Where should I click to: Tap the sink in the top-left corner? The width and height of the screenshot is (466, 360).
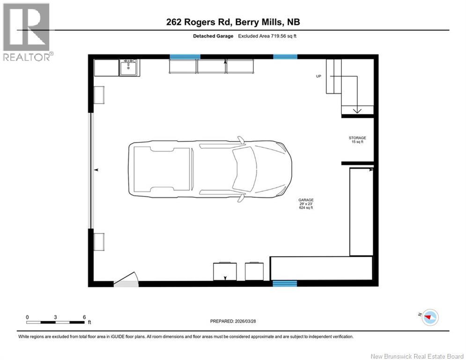(x=128, y=68)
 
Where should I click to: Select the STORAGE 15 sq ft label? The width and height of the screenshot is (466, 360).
(x=357, y=140)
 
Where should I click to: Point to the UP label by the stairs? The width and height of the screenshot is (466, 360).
(x=318, y=76)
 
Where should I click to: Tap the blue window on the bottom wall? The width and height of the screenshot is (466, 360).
(x=285, y=284)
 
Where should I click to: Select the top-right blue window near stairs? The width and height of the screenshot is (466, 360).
(x=285, y=57)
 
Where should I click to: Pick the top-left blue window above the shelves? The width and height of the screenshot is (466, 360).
(x=185, y=57)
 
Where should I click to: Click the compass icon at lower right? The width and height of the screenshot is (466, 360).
(x=429, y=317)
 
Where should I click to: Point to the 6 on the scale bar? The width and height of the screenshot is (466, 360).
(x=84, y=317)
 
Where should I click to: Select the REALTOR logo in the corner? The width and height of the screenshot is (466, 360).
(x=26, y=31)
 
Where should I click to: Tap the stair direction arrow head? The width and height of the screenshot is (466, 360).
(x=357, y=111)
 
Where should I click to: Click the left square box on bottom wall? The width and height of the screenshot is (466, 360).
(x=225, y=271)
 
